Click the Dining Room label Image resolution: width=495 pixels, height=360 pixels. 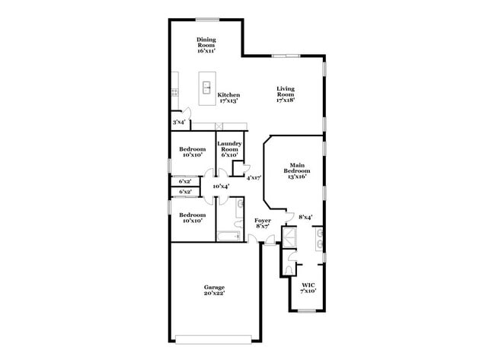(206, 45)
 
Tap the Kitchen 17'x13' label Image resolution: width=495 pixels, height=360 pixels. (228, 97)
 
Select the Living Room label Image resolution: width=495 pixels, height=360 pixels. (285, 94)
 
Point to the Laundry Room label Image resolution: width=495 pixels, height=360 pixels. (229, 149)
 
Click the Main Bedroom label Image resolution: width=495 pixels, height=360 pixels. (297, 170)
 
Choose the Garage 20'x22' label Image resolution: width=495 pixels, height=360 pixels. (214, 290)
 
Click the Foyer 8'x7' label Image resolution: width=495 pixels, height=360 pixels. (263, 223)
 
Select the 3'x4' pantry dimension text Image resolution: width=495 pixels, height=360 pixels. (179, 122)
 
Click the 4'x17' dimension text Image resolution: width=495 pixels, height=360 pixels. (254, 177)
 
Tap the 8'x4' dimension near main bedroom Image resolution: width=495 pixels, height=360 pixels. (305, 217)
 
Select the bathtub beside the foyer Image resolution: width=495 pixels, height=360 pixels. (229, 236)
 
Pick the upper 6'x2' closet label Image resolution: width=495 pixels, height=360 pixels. (185, 182)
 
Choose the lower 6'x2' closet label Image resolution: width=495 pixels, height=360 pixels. (185, 192)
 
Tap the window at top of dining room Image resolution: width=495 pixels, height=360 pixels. (206, 20)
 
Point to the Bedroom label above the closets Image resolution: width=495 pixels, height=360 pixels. (192, 152)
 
